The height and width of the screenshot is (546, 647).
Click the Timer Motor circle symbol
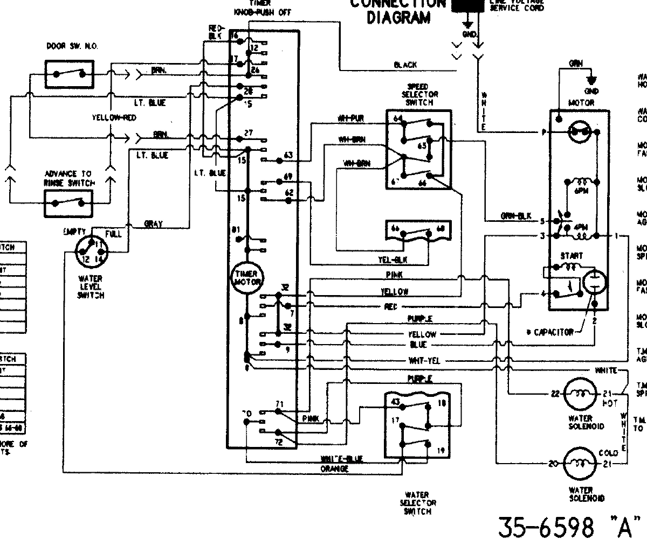(x=247, y=278)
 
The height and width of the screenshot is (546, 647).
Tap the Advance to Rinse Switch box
(x=68, y=202)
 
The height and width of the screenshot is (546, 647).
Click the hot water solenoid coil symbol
(x=581, y=394)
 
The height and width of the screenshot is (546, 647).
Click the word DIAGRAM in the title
(x=398, y=18)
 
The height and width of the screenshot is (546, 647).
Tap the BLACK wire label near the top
(x=405, y=65)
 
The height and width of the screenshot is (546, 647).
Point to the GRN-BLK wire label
(x=516, y=216)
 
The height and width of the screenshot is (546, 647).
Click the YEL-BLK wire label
(x=393, y=260)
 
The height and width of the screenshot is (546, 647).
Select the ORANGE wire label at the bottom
(x=334, y=469)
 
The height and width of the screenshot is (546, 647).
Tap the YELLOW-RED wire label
(x=114, y=117)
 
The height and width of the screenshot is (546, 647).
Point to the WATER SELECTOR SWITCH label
(x=417, y=503)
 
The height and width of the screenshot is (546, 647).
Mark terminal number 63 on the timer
(x=288, y=156)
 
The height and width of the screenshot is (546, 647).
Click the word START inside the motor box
(x=571, y=256)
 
